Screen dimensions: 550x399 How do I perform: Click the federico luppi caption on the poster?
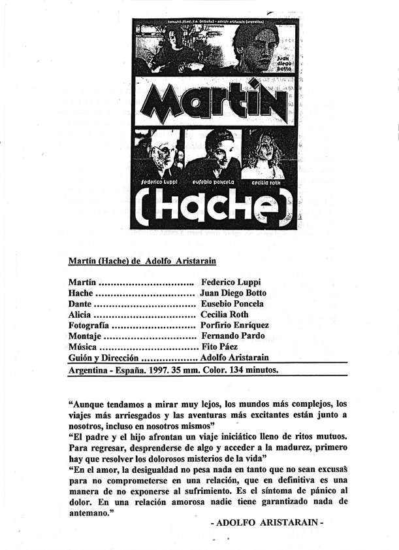coord(158,181)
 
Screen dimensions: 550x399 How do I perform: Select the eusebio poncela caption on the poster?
coord(213,182)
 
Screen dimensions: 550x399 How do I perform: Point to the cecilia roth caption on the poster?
coord(263,182)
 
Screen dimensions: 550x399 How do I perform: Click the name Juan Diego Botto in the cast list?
coord(233,293)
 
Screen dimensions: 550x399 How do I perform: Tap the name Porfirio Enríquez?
coord(235,325)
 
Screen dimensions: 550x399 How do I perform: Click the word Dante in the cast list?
coord(81,303)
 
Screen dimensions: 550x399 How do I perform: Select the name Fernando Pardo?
coord(232,336)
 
